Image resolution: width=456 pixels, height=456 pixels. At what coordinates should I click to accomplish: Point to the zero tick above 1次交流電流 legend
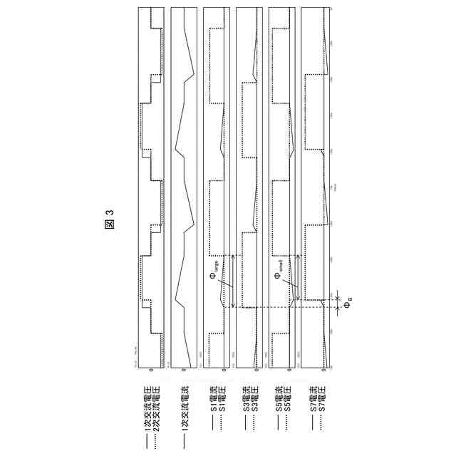[183, 371]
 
